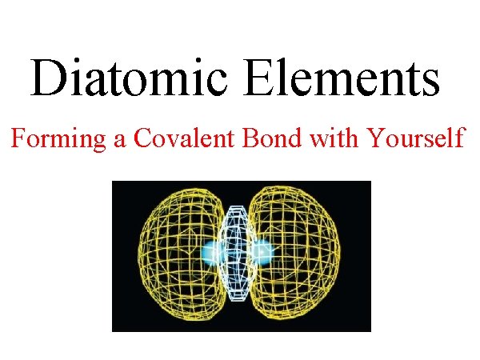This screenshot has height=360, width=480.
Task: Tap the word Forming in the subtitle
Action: click(x=58, y=139)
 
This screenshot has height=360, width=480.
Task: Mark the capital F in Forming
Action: click(x=18, y=138)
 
